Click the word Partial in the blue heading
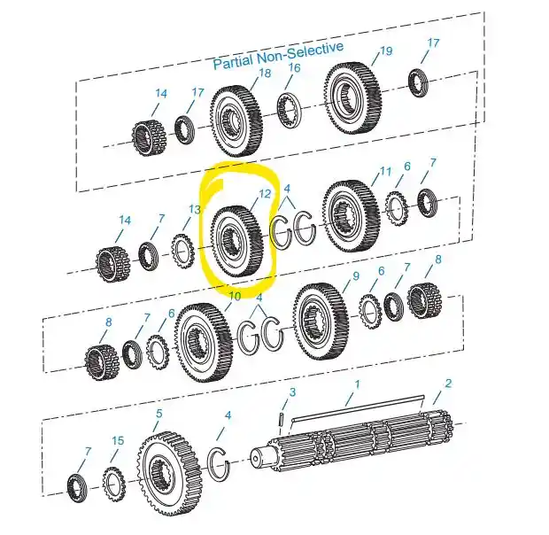click(233, 62)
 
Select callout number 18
click(265, 74)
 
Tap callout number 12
click(265, 194)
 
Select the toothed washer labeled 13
click(182, 251)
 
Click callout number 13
click(195, 210)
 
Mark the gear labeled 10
click(203, 342)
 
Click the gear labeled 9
click(321, 322)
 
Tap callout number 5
click(159, 414)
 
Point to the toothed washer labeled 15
click(114, 485)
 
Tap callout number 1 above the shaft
click(357, 384)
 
